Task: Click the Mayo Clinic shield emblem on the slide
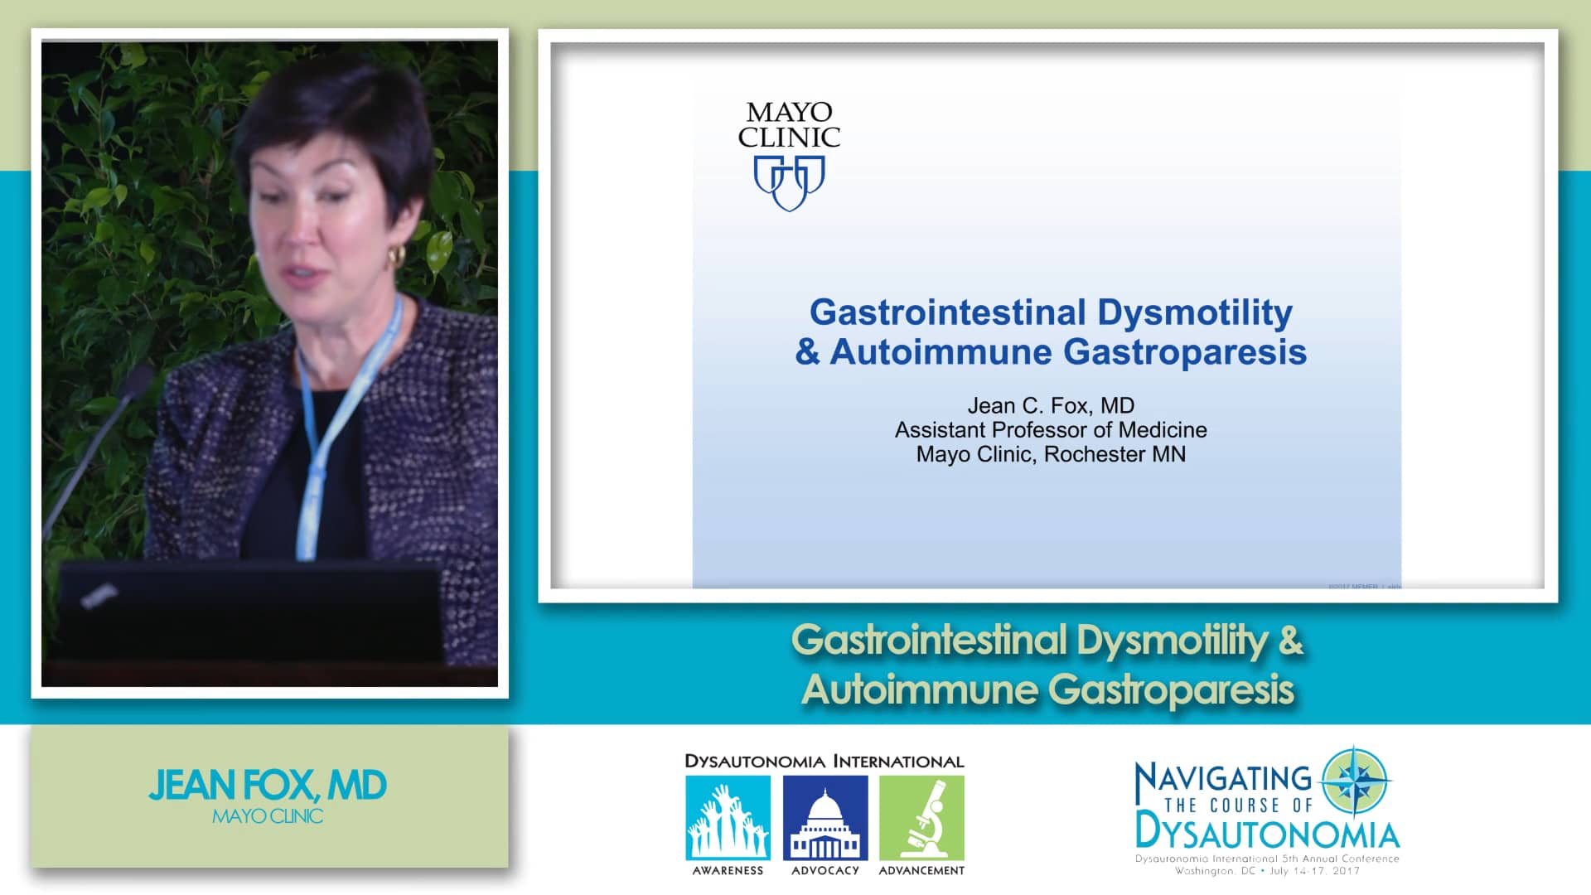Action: point(789,182)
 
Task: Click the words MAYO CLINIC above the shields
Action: point(789,124)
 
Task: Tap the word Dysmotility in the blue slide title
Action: point(1194,312)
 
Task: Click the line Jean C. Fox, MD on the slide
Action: point(1051,405)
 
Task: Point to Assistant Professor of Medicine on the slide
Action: point(1051,430)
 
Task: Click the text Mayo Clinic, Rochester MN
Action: point(1051,454)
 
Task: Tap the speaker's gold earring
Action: point(396,255)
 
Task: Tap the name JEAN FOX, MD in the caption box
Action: point(268,786)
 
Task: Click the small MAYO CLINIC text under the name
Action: point(268,817)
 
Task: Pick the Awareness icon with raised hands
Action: point(728,818)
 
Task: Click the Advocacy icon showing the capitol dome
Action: point(825,818)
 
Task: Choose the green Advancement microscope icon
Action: point(921,818)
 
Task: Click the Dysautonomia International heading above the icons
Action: point(824,762)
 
